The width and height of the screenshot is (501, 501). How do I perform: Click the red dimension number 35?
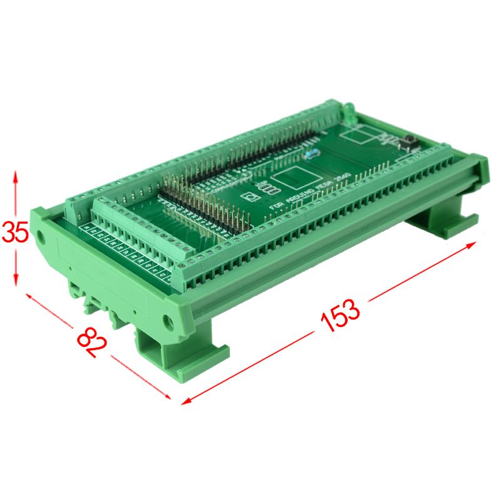click(14, 232)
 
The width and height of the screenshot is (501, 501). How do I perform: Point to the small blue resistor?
click(311, 152)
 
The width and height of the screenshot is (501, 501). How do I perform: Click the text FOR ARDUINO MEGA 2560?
click(307, 192)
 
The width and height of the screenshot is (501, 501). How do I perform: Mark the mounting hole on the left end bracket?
click(40, 237)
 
